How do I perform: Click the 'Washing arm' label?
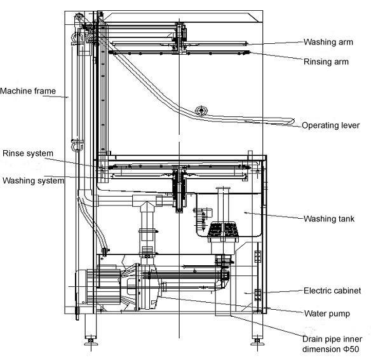click(328, 42)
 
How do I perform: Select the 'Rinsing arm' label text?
click(326, 62)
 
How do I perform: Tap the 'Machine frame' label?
click(28, 91)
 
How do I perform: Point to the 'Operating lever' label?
click(331, 125)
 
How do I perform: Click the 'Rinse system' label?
click(28, 153)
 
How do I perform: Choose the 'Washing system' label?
click(34, 181)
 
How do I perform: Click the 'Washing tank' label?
click(329, 219)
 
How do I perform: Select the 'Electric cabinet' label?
click(332, 291)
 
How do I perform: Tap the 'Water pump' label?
click(327, 314)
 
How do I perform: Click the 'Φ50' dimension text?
click(351, 349)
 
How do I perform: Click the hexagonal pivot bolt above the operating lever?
click(201, 111)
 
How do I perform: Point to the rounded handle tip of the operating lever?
click(292, 121)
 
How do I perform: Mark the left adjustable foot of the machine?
click(91, 340)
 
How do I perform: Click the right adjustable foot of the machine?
click(257, 340)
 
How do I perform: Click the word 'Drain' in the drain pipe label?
click(312, 339)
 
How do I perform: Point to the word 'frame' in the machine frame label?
click(45, 91)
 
